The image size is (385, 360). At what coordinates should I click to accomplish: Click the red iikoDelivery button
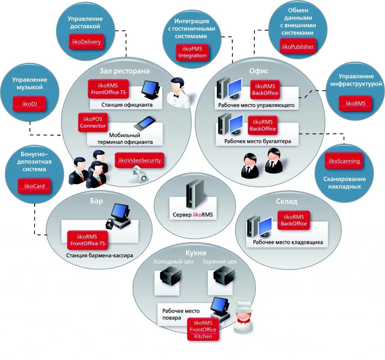[x=86, y=41]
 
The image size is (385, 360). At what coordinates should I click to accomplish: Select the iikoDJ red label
[x=29, y=104]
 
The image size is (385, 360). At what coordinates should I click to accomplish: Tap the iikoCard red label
[x=34, y=186]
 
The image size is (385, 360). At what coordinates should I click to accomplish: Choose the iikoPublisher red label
[x=298, y=46]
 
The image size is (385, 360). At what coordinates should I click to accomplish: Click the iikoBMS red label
[x=356, y=103]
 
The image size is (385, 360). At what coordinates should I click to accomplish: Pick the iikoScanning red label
[x=344, y=161]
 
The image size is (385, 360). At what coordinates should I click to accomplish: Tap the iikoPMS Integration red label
[x=192, y=52]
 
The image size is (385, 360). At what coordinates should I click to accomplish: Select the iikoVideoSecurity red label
[x=139, y=160]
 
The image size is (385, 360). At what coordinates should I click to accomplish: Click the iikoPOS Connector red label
[x=92, y=123]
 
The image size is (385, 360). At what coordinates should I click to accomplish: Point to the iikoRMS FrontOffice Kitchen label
[x=203, y=330]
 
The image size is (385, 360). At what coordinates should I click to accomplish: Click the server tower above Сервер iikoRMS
[x=195, y=194]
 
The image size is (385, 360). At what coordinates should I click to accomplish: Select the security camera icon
[x=138, y=174]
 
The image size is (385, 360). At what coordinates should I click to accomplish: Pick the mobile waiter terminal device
[x=145, y=123]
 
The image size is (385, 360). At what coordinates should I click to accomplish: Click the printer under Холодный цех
[x=171, y=277]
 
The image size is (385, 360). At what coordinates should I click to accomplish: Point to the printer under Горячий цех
[x=224, y=277]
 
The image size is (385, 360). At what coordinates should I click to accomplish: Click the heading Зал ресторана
[x=124, y=71]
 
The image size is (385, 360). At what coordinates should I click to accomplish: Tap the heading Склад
[x=286, y=201]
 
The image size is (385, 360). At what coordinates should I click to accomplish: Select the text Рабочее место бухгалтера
[x=258, y=141]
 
